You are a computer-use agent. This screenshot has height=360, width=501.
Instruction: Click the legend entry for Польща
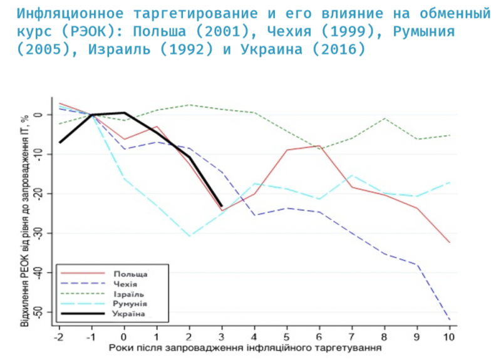pos(131,274)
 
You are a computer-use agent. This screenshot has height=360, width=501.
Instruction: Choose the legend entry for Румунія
pos(130,303)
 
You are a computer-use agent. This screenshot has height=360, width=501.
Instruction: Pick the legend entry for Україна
pos(130,313)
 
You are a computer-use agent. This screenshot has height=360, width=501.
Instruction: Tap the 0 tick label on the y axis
pos(39,115)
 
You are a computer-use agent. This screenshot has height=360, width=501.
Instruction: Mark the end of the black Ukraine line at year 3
pos(221,206)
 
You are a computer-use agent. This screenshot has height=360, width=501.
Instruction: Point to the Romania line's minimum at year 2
pos(189,236)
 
